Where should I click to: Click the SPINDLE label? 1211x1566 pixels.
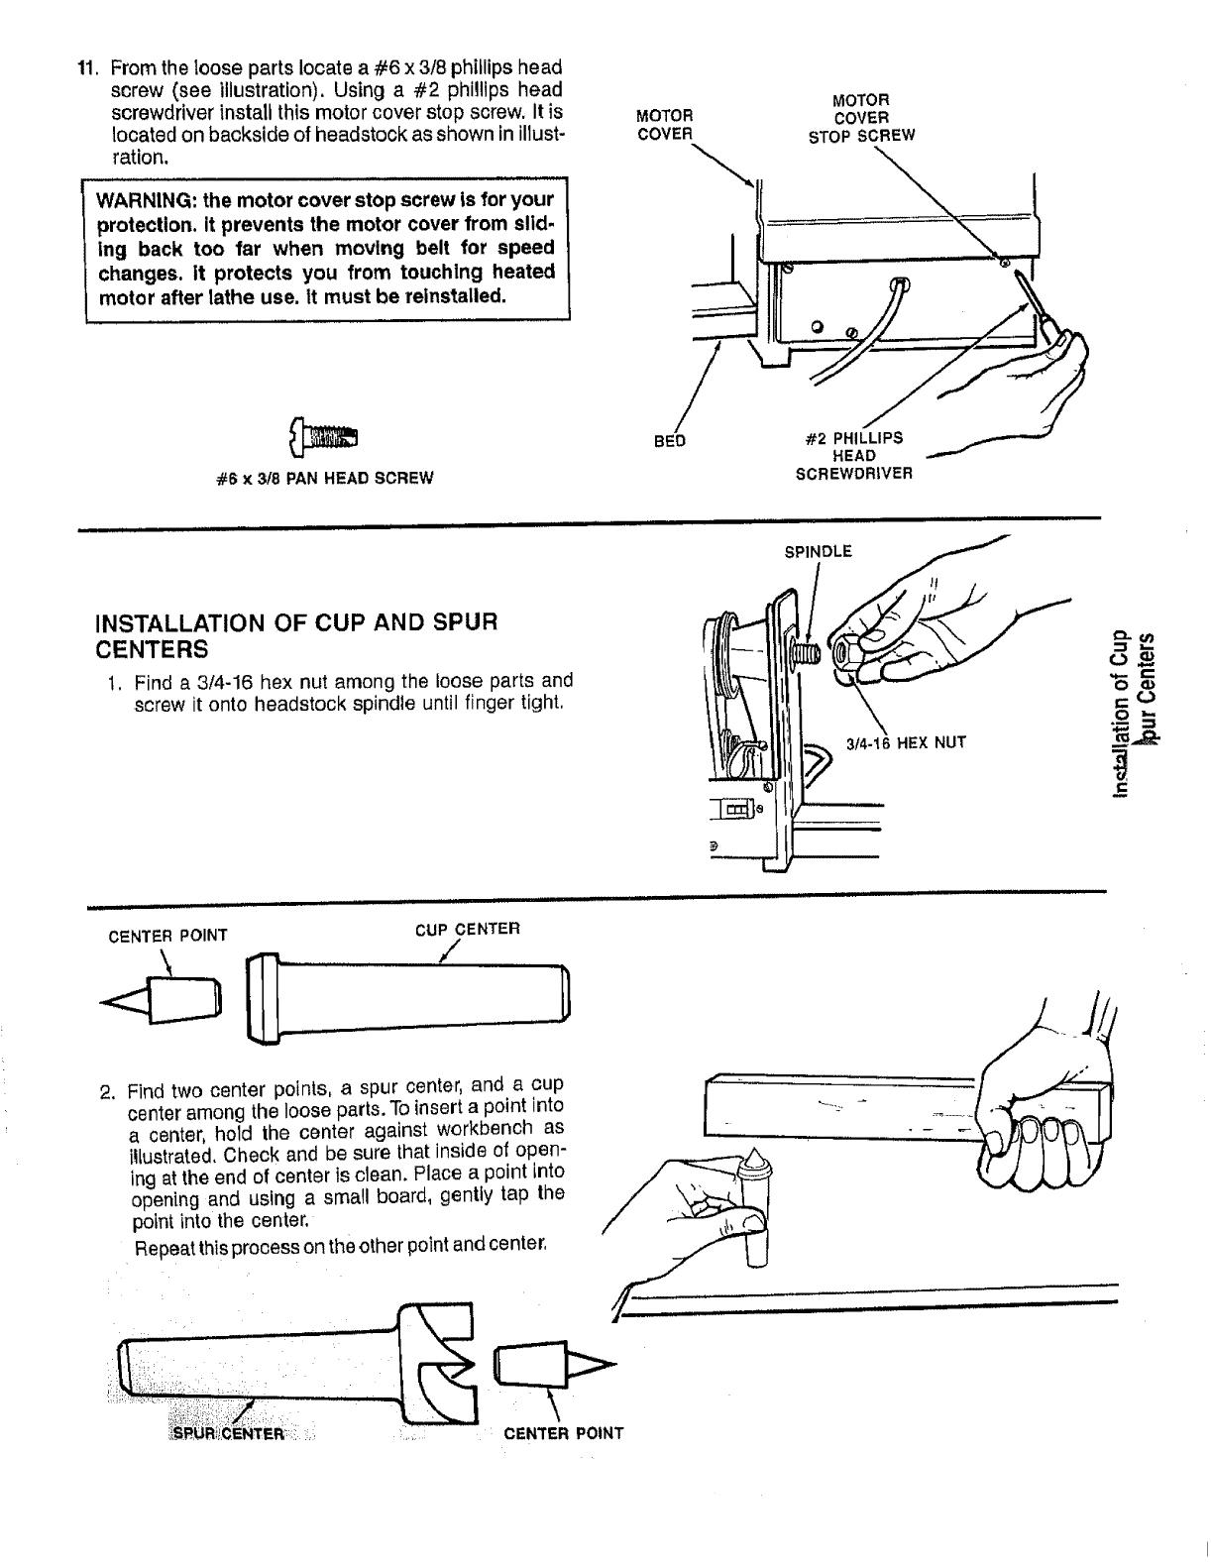pos(818,552)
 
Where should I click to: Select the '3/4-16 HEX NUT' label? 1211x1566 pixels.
pos(905,740)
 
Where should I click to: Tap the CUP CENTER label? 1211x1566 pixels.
pos(466,929)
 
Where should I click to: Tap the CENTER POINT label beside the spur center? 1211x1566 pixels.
pos(563,1433)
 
